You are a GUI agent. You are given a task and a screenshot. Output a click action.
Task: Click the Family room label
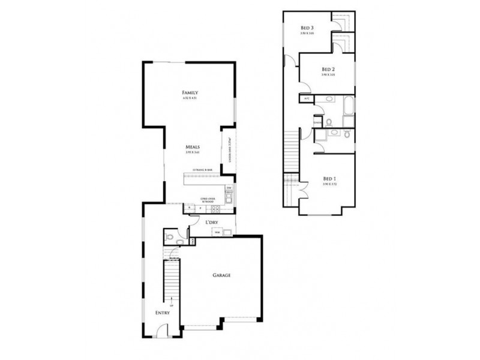[190, 92]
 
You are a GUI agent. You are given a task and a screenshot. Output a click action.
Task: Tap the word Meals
[192, 146]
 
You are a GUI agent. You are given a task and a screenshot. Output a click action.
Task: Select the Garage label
[221, 275]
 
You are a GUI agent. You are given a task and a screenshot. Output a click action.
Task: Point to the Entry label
[163, 313]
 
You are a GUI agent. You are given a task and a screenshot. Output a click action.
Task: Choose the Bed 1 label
[329, 179]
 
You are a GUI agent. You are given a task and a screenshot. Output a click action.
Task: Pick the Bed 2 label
[328, 69]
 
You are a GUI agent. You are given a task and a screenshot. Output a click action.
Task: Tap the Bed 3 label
[308, 28]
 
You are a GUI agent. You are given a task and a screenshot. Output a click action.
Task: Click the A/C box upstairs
[305, 98]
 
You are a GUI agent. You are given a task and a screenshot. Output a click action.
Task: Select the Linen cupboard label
[317, 124]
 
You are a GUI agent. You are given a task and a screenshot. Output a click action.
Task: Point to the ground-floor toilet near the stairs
[171, 238]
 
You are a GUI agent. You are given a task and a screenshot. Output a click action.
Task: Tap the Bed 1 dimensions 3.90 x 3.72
[329, 185]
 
